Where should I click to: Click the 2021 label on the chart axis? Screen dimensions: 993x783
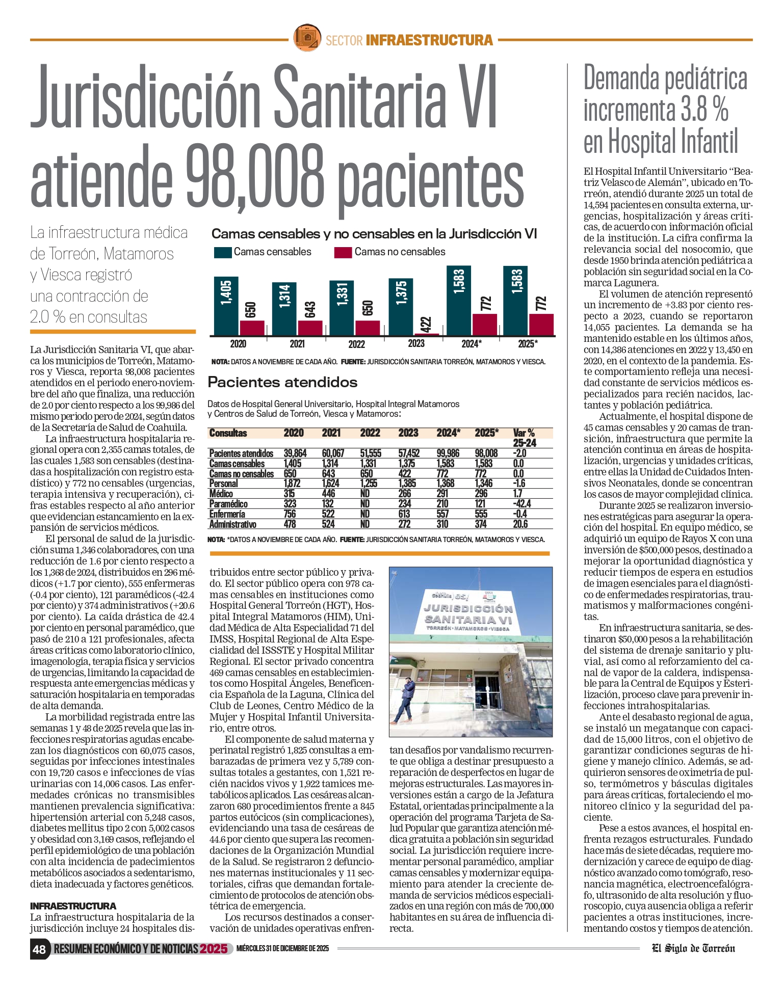(x=297, y=344)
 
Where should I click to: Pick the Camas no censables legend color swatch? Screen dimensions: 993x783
(x=343, y=252)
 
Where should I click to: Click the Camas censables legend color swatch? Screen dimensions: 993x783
(x=223, y=252)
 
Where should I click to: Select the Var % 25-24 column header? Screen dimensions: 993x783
(x=524, y=438)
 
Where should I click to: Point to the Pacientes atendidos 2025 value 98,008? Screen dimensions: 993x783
(x=486, y=453)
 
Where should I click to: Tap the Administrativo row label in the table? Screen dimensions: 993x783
(x=232, y=524)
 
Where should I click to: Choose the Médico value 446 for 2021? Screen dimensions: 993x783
(x=329, y=494)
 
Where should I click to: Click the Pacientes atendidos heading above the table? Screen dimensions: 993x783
(x=282, y=382)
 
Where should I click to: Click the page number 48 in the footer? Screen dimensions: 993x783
(x=39, y=949)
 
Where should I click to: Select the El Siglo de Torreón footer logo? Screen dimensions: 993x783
(x=693, y=948)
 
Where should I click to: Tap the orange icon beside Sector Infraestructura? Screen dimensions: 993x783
(x=307, y=38)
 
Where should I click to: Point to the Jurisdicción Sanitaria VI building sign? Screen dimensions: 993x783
(x=468, y=614)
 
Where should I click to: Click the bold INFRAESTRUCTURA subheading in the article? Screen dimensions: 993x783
(x=73, y=906)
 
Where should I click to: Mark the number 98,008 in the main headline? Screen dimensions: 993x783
(x=254, y=176)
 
